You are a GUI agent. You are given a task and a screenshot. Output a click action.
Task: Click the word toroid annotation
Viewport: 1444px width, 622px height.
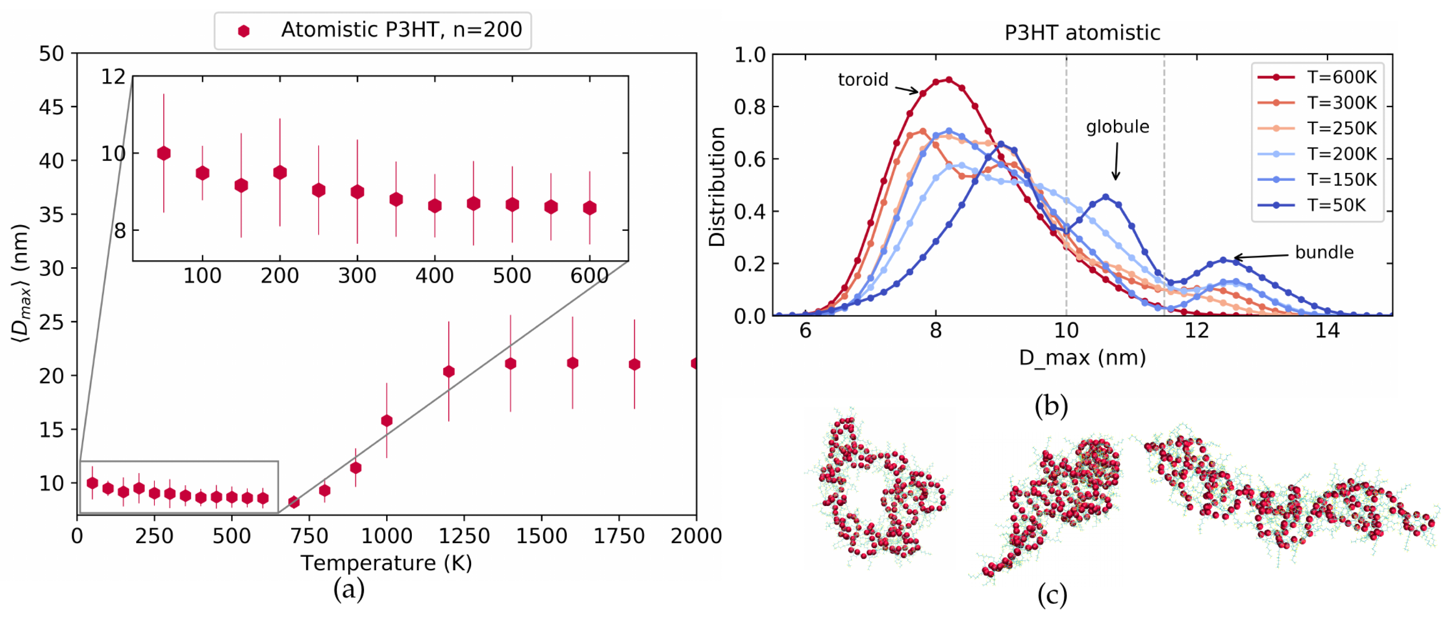(862, 80)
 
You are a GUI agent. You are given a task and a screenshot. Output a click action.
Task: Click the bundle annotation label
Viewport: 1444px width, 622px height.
(1324, 252)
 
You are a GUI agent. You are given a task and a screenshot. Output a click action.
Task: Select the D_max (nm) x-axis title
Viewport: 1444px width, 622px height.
(1081, 357)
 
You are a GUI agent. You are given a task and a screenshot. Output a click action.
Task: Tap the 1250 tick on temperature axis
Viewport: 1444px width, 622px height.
(464, 536)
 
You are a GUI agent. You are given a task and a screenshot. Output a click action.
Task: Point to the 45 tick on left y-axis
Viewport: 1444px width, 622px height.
(52, 107)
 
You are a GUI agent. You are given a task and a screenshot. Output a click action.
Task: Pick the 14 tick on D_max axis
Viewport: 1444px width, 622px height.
(1327, 330)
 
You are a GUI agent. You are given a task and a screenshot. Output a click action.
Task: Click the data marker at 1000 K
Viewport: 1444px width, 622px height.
(386, 420)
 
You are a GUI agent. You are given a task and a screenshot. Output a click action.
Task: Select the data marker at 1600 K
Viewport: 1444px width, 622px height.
(572, 363)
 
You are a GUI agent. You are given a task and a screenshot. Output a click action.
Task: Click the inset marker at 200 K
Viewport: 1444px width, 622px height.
(280, 173)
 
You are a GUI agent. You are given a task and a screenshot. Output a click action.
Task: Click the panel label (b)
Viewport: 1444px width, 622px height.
(1051, 405)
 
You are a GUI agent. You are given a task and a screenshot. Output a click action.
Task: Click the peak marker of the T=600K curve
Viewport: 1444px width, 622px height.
(949, 80)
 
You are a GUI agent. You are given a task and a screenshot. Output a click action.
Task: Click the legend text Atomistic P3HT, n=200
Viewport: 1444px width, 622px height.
(401, 30)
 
